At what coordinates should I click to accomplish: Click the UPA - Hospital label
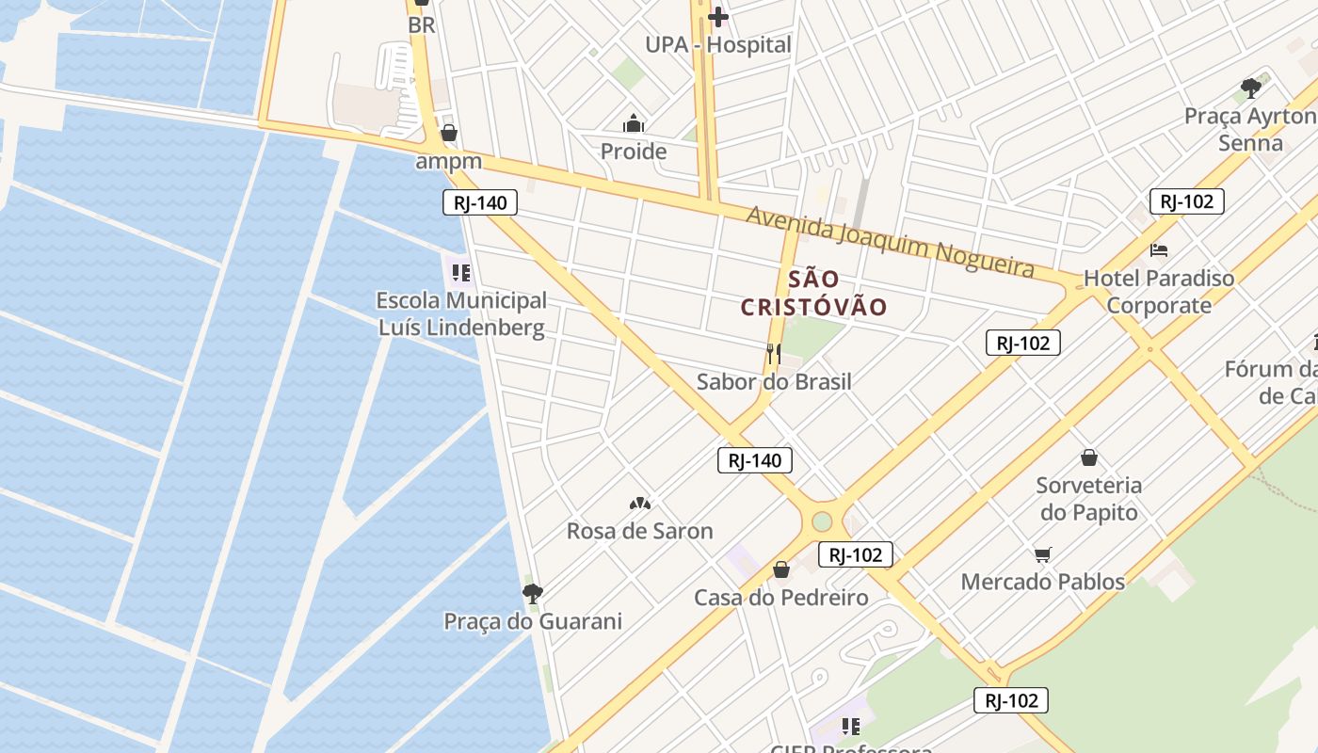coord(717,44)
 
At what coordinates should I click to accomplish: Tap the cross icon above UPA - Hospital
coord(718,16)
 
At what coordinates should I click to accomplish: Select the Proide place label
coord(633,151)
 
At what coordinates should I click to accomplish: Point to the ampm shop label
coord(449,161)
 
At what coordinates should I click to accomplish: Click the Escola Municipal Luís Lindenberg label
coord(461,313)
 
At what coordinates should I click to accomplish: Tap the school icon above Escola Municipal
coord(460,273)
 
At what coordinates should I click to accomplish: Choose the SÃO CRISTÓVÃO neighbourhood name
coord(813,293)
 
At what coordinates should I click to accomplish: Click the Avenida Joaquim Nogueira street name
coord(890,240)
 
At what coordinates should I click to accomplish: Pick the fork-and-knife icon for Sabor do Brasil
coord(774,354)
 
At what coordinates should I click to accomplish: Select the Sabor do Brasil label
coord(774,381)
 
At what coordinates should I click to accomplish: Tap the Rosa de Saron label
coord(639,531)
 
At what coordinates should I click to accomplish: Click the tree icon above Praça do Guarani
coord(533,593)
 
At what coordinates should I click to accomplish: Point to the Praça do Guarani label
coord(533,621)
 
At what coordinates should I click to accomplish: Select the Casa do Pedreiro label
coord(780,598)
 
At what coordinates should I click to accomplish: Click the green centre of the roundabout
coord(822,521)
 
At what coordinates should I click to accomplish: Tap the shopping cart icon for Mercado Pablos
coord(1042,554)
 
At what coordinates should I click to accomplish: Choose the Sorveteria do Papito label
coord(1088,499)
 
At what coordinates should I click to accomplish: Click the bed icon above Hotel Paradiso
coord(1159,250)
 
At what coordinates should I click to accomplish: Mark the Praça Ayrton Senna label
coord(1250,129)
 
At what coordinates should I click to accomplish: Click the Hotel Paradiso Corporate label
coord(1159,292)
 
